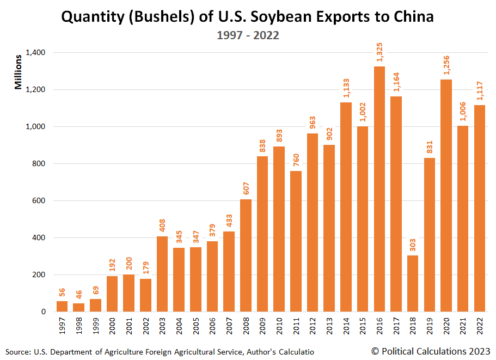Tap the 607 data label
246,189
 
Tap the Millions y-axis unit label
19,72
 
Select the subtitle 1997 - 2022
248,35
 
